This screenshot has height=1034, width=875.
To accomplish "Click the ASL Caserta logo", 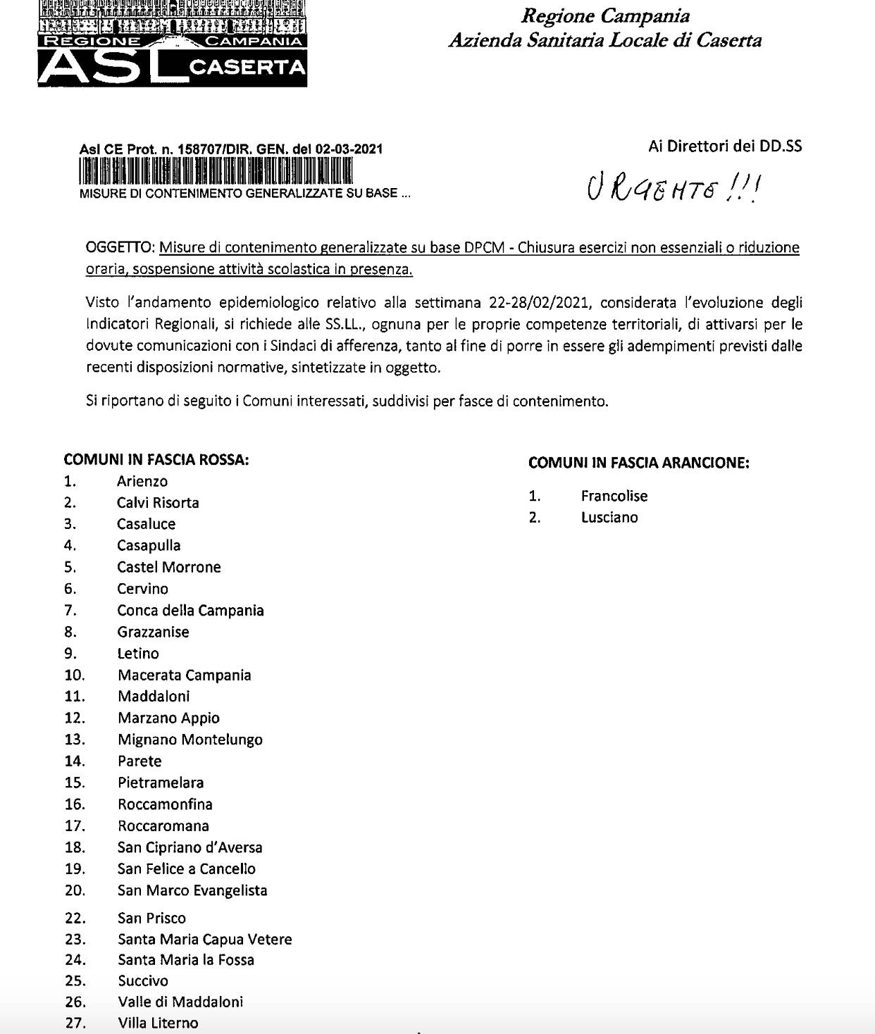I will [x=173, y=44].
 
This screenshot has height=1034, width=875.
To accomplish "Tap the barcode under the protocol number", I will [x=216, y=172].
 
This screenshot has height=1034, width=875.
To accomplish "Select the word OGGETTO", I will [x=118, y=248].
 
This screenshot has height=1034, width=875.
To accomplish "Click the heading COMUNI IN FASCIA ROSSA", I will [x=156, y=460].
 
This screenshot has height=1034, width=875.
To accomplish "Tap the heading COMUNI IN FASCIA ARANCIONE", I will [x=638, y=463].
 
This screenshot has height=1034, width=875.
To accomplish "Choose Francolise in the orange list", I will [x=614, y=496].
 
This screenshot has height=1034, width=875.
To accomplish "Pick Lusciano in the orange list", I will [x=609, y=518].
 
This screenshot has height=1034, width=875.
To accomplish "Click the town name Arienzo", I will [x=142, y=482].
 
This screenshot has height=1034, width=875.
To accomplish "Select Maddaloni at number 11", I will [x=154, y=697].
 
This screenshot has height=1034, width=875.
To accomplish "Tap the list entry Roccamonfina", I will [x=165, y=804].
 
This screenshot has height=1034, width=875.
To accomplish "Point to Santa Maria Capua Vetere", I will [x=204, y=940].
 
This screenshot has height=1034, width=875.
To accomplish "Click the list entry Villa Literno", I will [x=158, y=1023].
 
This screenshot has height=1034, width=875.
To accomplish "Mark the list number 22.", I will [x=75, y=918].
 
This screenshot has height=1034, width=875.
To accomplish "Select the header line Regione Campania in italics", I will [x=605, y=16].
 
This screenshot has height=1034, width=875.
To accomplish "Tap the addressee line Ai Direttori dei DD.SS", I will [x=724, y=147].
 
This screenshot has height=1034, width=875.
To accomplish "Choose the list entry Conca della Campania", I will [x=190, y=611].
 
